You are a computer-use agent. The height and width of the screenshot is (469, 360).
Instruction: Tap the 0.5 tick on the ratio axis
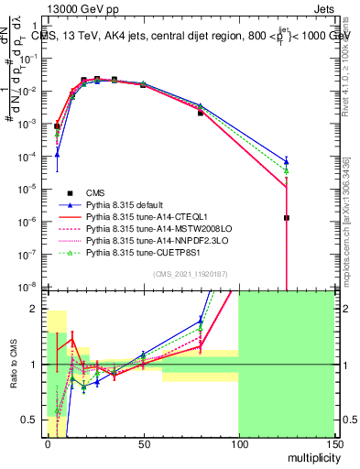point(34,420)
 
